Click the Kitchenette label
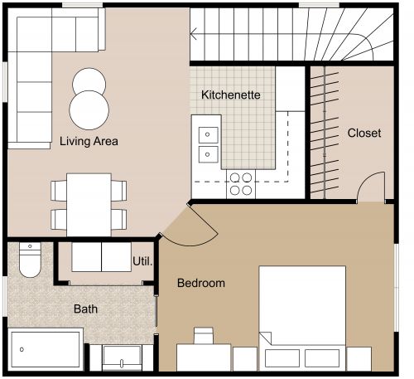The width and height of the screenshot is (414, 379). [231, 95]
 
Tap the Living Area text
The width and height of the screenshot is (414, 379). [89, 142]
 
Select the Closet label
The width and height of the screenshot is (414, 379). [364, 133]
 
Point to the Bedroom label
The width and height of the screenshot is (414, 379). [201, 284]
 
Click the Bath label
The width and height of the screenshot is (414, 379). [85, 309]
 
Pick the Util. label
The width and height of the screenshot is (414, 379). [142, 261]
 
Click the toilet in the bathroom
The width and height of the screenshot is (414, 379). [29, 260]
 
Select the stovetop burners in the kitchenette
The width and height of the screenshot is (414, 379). [241, 182]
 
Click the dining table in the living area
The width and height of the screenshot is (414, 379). [89, 203]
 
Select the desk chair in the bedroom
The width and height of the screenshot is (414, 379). [204, 336]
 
